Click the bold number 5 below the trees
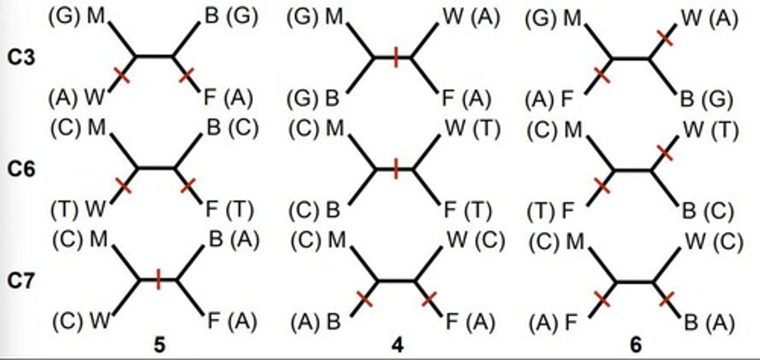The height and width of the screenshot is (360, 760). tap(159, 345)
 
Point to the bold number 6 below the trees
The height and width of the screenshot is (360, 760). tap(636, 345)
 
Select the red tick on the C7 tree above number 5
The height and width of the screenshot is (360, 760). tap(158, 279)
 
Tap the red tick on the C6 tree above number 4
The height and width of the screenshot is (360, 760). tap(396, 170)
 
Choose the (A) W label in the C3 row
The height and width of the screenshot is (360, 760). tap(77, 98)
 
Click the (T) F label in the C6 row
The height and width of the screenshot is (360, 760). tap(551, 211)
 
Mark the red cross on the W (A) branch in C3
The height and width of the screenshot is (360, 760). tap(666, 37)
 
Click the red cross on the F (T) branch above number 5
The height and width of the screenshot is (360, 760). tap(187, 185)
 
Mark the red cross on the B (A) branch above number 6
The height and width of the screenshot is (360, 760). tap(667, 300)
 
